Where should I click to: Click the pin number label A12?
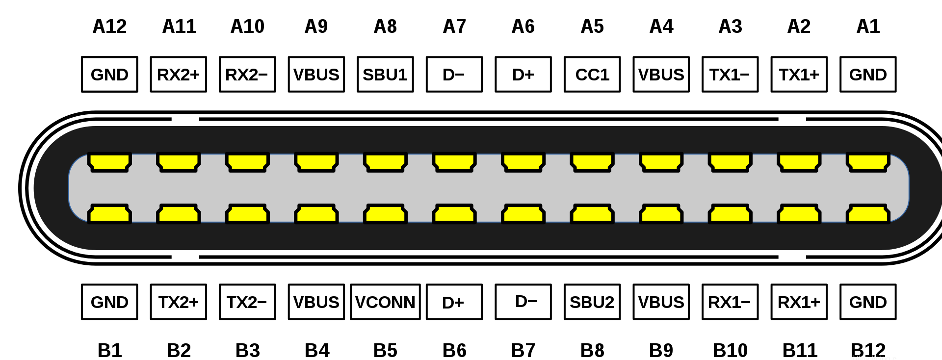pos(109,26)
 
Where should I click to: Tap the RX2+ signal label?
pos(178,75)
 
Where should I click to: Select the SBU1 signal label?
pos(385,75)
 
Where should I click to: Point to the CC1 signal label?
pos(592,75)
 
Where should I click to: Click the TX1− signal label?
pos(730,75)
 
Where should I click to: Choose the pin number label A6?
pos(523,26)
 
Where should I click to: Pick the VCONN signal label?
pos(385,302)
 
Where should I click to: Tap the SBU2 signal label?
pos(592,302)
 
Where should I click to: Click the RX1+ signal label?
pos(799,302)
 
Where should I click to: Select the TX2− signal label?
pos(247,302)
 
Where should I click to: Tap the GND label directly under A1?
pos(868,75)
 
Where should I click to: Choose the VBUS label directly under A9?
pos(316,75)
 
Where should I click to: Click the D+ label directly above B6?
pos(454,302)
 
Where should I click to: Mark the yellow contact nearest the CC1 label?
pos(592,162)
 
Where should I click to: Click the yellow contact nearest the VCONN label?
pos(385,214)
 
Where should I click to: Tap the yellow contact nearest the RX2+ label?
pos(178,162)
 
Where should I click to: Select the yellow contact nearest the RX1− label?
pos(730,214)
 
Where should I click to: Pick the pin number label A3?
pos(730,26)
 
